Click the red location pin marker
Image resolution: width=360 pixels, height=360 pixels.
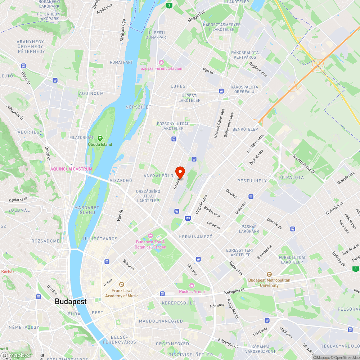(180, 172)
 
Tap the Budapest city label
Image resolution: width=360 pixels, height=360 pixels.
(71, 302)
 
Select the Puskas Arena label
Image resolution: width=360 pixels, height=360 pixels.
(192, 292)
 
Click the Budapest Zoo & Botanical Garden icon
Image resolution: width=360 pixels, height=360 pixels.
(150, 235)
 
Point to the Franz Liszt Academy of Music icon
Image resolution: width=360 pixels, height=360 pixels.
(121, 284)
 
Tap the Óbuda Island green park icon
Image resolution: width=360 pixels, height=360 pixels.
(100, 138)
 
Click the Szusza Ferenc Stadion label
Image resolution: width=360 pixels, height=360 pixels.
(161, 68)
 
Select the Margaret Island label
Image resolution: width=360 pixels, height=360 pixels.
(87, 210)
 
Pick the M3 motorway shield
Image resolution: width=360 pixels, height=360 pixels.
(188, 218)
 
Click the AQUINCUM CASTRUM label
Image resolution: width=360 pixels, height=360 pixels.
(71, 169)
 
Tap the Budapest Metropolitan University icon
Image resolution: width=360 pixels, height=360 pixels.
(269, 275)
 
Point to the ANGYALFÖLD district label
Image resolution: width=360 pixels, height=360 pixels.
(158, 176)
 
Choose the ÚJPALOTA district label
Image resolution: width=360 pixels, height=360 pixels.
(292, 177)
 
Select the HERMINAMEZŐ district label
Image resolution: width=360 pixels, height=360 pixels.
(195, 237)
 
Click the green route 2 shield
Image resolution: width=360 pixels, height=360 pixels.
(169, 5)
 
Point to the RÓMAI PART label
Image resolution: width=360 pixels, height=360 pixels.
(121, 62)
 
